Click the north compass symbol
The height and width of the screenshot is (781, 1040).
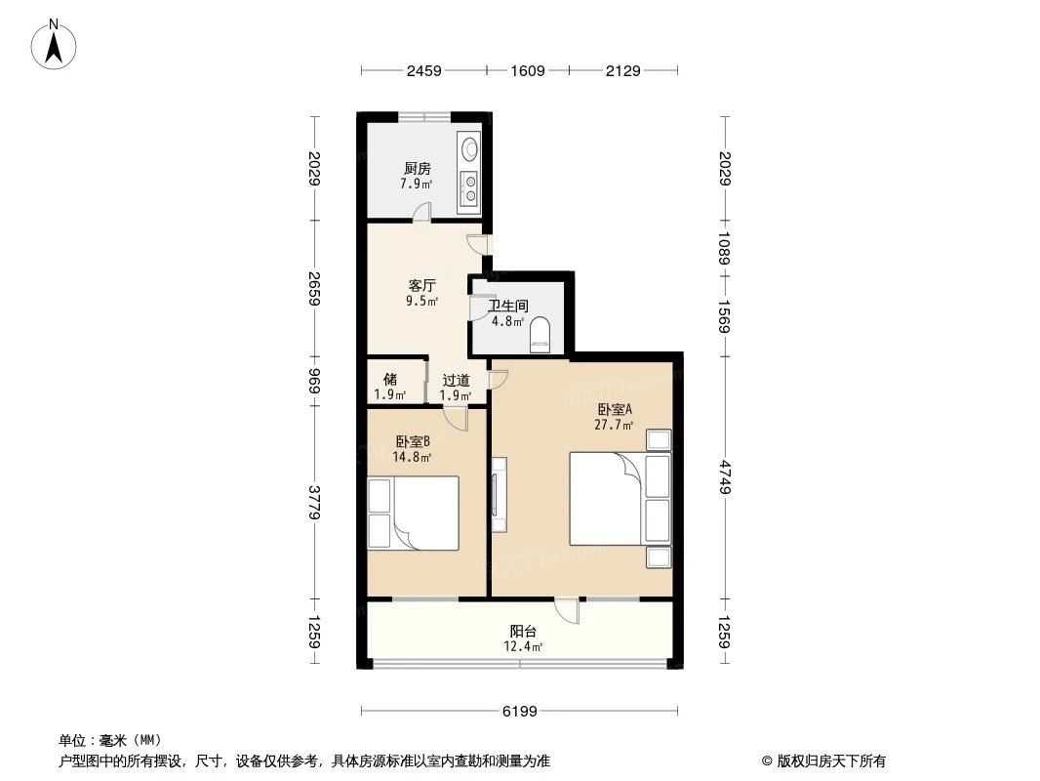[x=55, y=45]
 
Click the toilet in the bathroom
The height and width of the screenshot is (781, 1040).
[x=540, y=335]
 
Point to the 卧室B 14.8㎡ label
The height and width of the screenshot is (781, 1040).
[x=412, y=448]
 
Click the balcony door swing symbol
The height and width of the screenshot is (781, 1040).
[x=567, y=611]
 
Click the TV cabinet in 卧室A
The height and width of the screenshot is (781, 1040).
[x=499, y=495]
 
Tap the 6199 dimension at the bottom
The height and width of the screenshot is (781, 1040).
[x=520, y=711]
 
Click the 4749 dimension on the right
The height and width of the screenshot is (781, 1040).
[x=726, y=476]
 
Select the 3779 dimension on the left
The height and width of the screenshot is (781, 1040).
[x=314, y=504]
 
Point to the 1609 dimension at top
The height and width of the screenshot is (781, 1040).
[x=527, y=70]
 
